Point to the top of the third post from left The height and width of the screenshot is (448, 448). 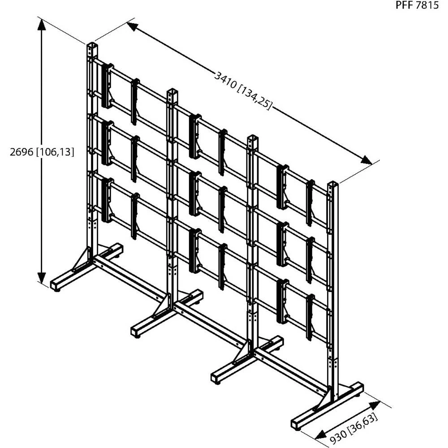pos(253,138)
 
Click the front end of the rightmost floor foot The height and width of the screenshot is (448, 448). pos(297,423)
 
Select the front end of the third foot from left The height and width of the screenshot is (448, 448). pos(216,376)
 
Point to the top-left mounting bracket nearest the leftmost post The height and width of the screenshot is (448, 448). pos(107,85)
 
